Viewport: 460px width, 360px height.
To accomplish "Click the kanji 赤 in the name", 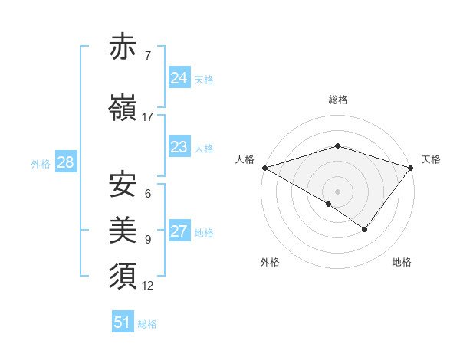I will [x=123, y=48].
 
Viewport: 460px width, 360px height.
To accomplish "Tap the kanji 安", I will [x=123, y=185].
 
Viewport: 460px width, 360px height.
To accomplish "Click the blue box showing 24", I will [x=179, y=78].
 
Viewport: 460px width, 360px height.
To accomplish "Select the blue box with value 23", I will [x=179, y=147].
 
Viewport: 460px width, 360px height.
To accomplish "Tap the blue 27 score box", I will [x=179, y=232].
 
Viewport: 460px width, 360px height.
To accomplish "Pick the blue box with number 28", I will [x=64, y=162].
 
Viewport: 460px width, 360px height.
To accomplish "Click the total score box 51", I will [x=122, y=322].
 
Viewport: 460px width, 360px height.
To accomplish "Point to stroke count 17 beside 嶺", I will [x=148, y=116].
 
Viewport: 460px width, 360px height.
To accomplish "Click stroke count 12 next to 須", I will [x=148, y=286].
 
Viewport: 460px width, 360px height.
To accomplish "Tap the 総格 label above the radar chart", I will [x=337, y=100].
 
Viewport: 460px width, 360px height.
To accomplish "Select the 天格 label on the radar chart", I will [x=432, y=159].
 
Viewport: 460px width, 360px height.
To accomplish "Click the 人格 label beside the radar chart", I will [x=245, y=159].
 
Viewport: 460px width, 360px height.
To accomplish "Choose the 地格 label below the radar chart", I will [x=402, y=262].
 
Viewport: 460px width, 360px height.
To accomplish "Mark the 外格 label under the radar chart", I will [x=270, y=262].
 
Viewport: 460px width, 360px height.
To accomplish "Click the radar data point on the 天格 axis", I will [x=412, y=167].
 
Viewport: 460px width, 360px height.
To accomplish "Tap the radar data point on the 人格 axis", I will [x=264, y=167].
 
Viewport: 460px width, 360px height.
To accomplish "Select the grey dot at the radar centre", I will [x=337, y=191].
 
